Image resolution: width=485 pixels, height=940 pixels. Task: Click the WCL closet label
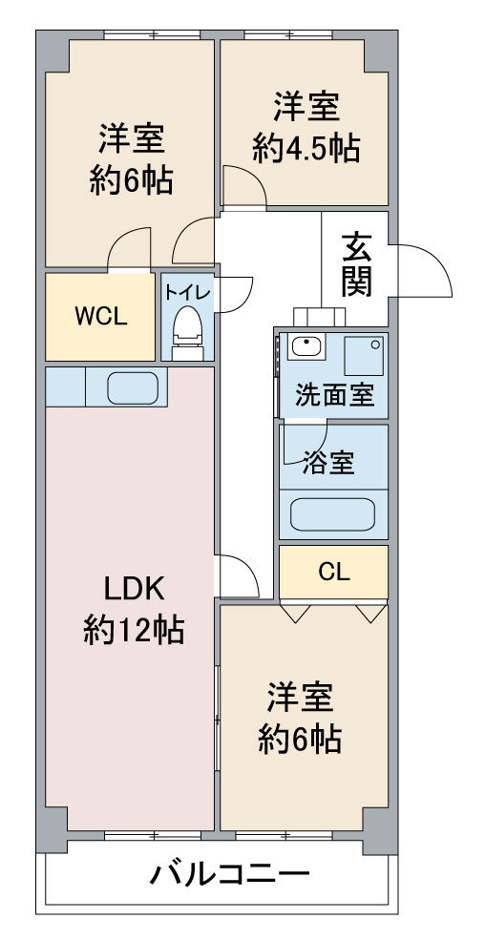(x=100, y=318)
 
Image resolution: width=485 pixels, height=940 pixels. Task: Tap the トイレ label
(x=188, y=293)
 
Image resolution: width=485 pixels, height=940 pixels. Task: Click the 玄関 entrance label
(x=357, y=264)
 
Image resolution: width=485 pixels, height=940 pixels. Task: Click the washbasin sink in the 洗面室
(x=306, y=346)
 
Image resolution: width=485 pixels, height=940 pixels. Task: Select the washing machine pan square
(x=364, y=354)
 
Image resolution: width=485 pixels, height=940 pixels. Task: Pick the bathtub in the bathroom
(x=333, y=513)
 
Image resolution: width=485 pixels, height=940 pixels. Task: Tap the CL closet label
(x=334, y=574)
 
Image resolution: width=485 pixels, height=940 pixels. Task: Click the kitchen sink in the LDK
(x=133, y=387)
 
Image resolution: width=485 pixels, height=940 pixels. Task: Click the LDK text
(x=134, y=592)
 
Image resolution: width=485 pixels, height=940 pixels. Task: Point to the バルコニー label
(x=229, y=875)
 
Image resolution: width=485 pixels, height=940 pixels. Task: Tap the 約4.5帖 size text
(x=306, y=148)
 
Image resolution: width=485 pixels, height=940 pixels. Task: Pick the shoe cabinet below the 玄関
(x=320, y=317)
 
